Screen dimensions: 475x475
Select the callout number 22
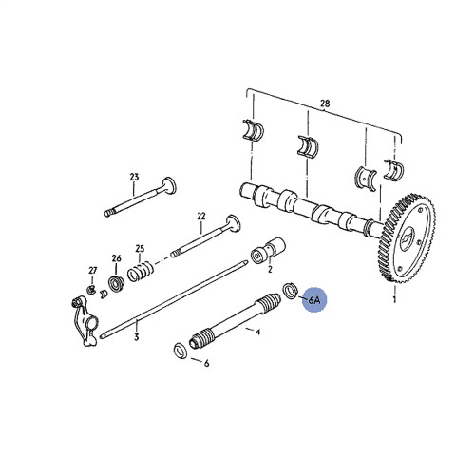pos(201,217)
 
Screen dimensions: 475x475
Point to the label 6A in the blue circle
pos(313,301)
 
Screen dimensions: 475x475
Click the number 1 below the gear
pos(393,301)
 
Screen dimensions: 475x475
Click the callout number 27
pos(93,270)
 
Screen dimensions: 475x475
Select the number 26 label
pos(116,258)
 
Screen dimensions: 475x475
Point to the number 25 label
pos(140,250)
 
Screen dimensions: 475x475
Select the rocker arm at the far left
pos(83,313)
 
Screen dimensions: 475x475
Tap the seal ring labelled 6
pos(179,352)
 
